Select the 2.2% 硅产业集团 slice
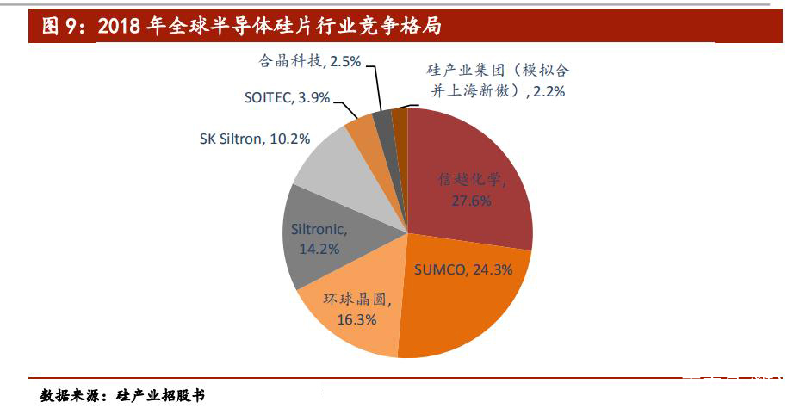[400, 121]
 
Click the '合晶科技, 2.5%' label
[309, 61]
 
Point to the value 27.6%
[471, 201]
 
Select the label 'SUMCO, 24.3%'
[463, 269]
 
